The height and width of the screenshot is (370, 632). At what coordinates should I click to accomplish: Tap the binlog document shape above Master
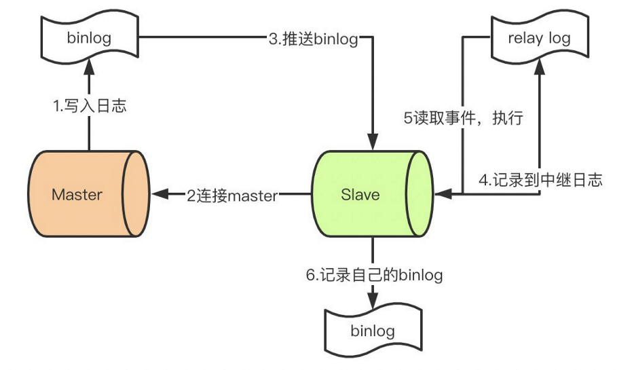coord(88,38)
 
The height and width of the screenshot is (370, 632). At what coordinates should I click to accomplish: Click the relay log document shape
coord(539,38)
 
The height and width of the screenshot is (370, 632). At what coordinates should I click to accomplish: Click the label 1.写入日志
coord(90,107)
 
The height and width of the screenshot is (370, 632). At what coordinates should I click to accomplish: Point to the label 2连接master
coord(232,196)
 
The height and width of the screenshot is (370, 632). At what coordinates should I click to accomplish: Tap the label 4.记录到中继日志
coord(541,180)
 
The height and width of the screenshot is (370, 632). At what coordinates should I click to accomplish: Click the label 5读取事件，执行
coord(464,118)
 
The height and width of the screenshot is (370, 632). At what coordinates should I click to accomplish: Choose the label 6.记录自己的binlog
coord(373,275)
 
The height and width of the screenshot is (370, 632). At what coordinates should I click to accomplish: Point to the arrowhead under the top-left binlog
coord(89,65)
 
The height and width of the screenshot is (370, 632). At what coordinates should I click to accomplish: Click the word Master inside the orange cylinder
coord(77,195)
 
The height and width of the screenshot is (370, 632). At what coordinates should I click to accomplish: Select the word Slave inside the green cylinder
coord(360,195)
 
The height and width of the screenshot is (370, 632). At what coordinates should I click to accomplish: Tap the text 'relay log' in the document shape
coord(539,38)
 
